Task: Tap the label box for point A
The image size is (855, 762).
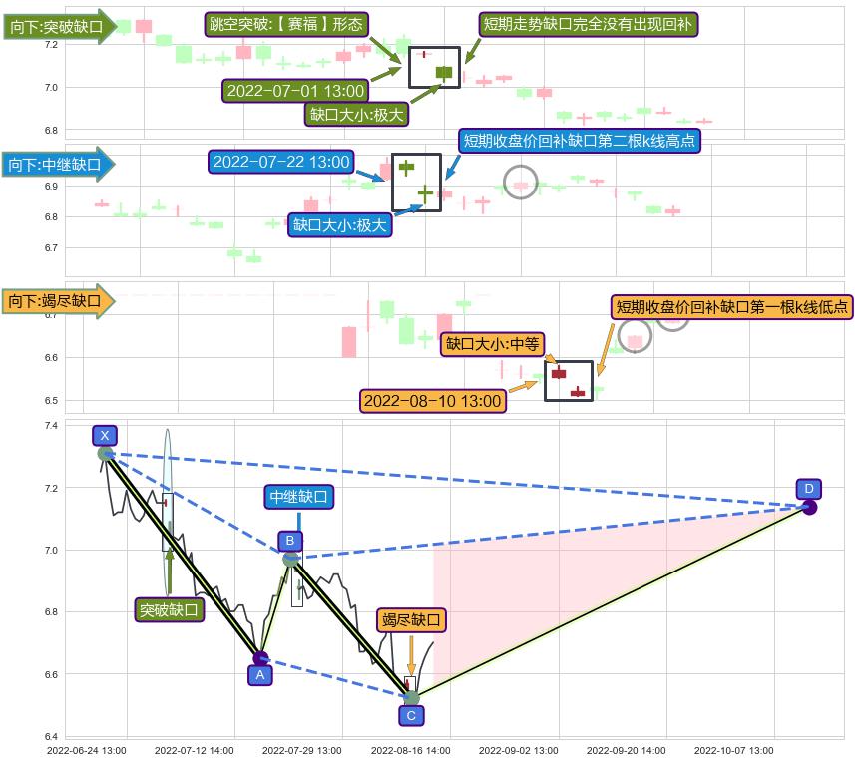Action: [x=260, y=675]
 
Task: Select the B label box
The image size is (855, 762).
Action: [x=290, y=541]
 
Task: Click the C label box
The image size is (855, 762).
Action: [x=411, y=716]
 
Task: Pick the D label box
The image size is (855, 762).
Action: [x=809, y=489]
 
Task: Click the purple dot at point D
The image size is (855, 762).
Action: [x=810, y=508]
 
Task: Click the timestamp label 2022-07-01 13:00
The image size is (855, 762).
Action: [x=295, y=91]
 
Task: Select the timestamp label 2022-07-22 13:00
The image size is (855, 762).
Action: [x=281, y=162]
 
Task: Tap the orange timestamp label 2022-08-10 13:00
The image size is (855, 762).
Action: [x=432, y=401]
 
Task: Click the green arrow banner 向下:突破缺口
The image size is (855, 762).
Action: [x=60, y=26]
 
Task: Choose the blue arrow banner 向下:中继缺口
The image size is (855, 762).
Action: [x=58, y=164]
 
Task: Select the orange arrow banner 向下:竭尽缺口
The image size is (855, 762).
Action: [x=58, y=301]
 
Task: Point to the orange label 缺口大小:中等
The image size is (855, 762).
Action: [x=493, y=344]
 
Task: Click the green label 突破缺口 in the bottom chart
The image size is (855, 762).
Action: [x=169, y=610]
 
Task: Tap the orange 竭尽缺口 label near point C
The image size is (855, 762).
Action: [x=411, y=620]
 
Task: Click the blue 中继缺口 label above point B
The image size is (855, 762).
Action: [x=299, y=497]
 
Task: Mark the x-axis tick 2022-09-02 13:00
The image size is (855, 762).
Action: [x=519, y=751]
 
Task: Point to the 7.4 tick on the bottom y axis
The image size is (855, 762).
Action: [x=51, y=426]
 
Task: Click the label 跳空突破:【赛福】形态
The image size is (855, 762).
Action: [x=286, y=25]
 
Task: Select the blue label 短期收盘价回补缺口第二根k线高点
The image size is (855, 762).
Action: [x=579, y=141]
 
